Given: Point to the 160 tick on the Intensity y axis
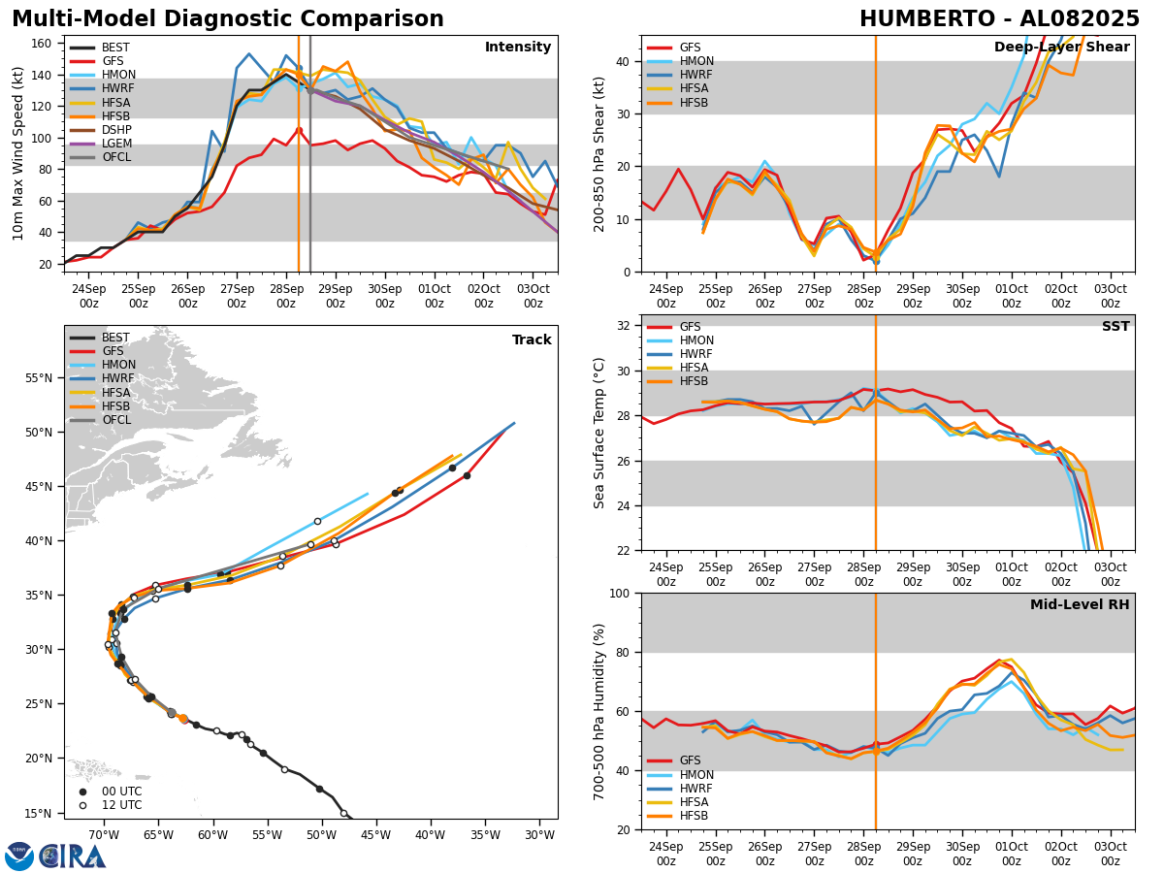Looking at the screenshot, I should pos(44,44).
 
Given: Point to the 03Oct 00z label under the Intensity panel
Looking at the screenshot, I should pos(533,296).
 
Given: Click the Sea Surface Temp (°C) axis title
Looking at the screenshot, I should pos(599,433).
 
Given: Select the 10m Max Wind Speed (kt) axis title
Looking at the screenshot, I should pos(18,153).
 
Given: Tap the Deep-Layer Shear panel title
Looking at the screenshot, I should pos(1061,48).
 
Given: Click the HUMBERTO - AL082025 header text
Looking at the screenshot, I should pos(999,19).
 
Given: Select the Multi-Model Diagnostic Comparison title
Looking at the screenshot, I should pos(228,19).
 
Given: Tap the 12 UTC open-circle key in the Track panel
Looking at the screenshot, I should pos(122,805).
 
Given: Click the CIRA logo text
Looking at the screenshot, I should pos(73,857).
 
